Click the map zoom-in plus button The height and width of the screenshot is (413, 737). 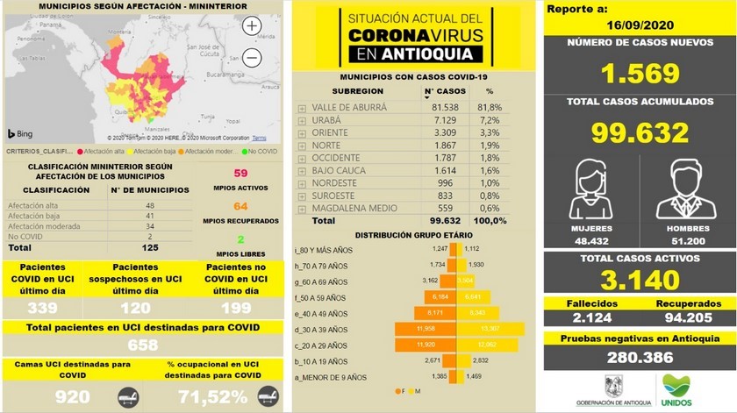pos(252,26)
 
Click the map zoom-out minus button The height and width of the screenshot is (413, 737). pos(252,58)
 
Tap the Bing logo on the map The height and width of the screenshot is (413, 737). pos(20,134)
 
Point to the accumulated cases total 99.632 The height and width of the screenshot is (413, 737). pos(638,132)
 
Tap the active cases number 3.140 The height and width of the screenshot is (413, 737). pos(638,280)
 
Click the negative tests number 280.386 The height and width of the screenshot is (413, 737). pos(638,357)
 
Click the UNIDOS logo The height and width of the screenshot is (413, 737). pos(676,389)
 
